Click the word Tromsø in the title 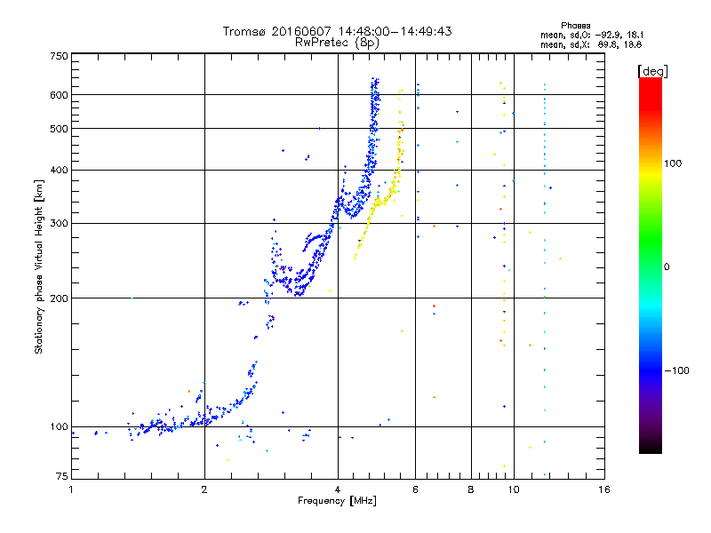[x=246, y=31]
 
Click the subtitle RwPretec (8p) [x=338, y=42]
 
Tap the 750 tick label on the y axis [x=59, y=56]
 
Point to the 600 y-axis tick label [x=59, y=95]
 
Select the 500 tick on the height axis [x=59, y=129]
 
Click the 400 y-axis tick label [x=59, y=170]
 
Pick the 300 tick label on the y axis [x=59, y=223]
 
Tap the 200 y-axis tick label [x=59, y=298]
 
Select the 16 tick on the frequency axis [x=604, y=489]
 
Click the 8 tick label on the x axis [x=471, y=489]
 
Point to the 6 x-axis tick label [x=416, y=489]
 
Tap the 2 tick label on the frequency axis [x=204, y=489]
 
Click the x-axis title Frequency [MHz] [x=338, y=501]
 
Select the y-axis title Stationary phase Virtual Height [x=39, y=266]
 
